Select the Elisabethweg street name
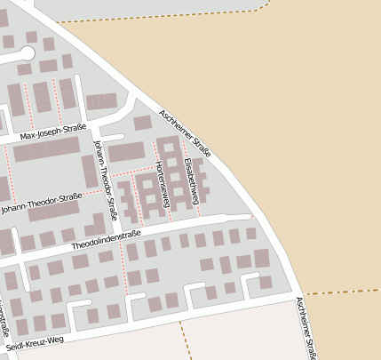pyautogui.click(x=189, y=159)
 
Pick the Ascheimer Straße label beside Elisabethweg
pyautogui.click(x=186, y=133)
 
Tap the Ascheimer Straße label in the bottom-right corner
pyautogui.click(x=306, y=328)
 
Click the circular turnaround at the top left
pyautogui.click(x=25, y=68)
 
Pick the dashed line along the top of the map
pyautogui.click(x=178, y=19)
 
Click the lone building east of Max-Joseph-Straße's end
pyautogui.click(x=142, y=123)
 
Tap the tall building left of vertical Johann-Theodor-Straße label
pyautogui.click(x=90, y=171)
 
